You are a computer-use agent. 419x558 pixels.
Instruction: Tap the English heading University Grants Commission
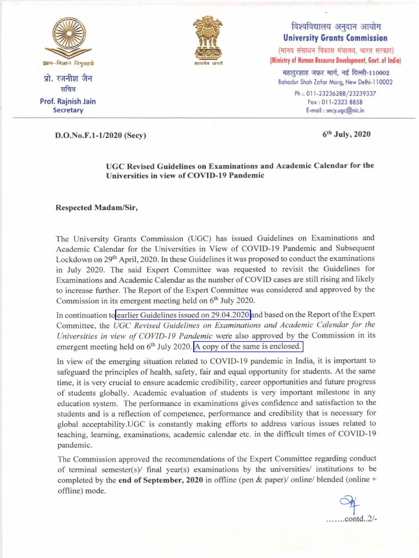pyautogui.click(x=335, y=38)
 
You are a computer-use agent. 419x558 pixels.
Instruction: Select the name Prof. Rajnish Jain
pyautogui.click(x=68, y=101)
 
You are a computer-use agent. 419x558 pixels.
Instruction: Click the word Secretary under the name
pyautogui.click(x=68, y=110)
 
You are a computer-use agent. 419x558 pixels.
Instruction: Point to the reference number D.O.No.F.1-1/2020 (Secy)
pyautogui.click(x=101, y=135)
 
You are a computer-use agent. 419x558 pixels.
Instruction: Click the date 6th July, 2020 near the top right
pyautogui.click(x=346, y=135)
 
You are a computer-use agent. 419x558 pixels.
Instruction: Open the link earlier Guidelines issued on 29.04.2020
pyautogui.click(x=183, y=315)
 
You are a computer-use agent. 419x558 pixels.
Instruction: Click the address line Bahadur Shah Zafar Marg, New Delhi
pyautogui.click(x=335, y=82)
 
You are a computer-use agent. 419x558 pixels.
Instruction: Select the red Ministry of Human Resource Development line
pyautogui.click(x=335, y=60)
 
